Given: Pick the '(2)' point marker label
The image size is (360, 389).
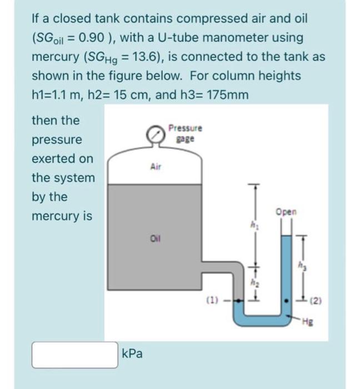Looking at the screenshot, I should (316, 304).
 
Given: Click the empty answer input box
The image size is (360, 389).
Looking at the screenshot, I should (74, 355).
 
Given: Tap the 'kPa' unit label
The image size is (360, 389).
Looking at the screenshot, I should (131, 353).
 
